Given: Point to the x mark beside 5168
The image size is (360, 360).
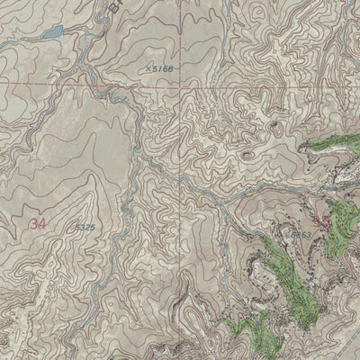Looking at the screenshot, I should coord(146,67).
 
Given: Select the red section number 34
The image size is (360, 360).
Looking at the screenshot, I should coord(37,222).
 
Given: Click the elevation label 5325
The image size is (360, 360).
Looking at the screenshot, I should coord(85,228).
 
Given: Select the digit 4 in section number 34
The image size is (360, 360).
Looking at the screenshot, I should coord(41,222).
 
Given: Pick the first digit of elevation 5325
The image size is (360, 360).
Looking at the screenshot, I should coord(78,228).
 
